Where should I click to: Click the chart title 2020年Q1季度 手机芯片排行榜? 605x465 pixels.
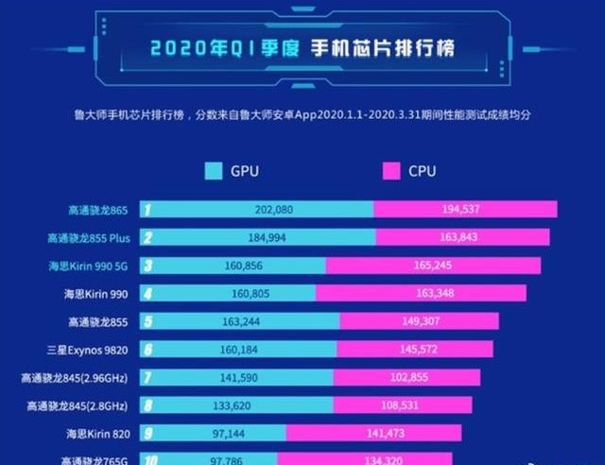click(302, 46)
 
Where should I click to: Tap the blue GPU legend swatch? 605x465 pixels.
click(213, 171)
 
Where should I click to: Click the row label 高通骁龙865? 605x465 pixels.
click(95, 209)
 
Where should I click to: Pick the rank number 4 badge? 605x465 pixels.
click(148, 293)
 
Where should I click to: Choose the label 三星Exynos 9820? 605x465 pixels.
click(92, 350)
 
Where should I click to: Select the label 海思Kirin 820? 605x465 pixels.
click(98, 434)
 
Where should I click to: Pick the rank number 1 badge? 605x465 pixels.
click(148, 209)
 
